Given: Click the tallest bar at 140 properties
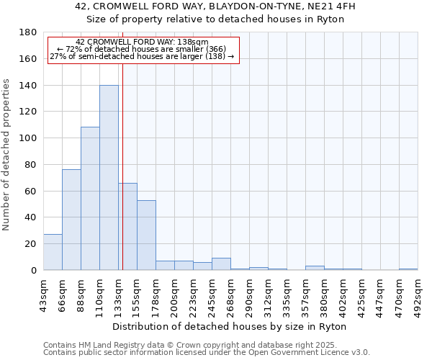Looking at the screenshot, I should click(109, 178).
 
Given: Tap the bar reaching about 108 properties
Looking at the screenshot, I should click(90, 199).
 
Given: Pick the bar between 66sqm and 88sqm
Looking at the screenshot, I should click(71, 220).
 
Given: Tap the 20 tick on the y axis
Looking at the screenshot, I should click(31, 244).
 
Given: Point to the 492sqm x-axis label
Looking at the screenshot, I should click(418, 291).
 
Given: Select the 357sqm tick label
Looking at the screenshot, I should click(305, 291).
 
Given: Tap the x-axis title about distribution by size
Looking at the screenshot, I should click(230, 327).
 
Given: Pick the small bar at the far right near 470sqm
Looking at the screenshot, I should click(408, 269).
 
